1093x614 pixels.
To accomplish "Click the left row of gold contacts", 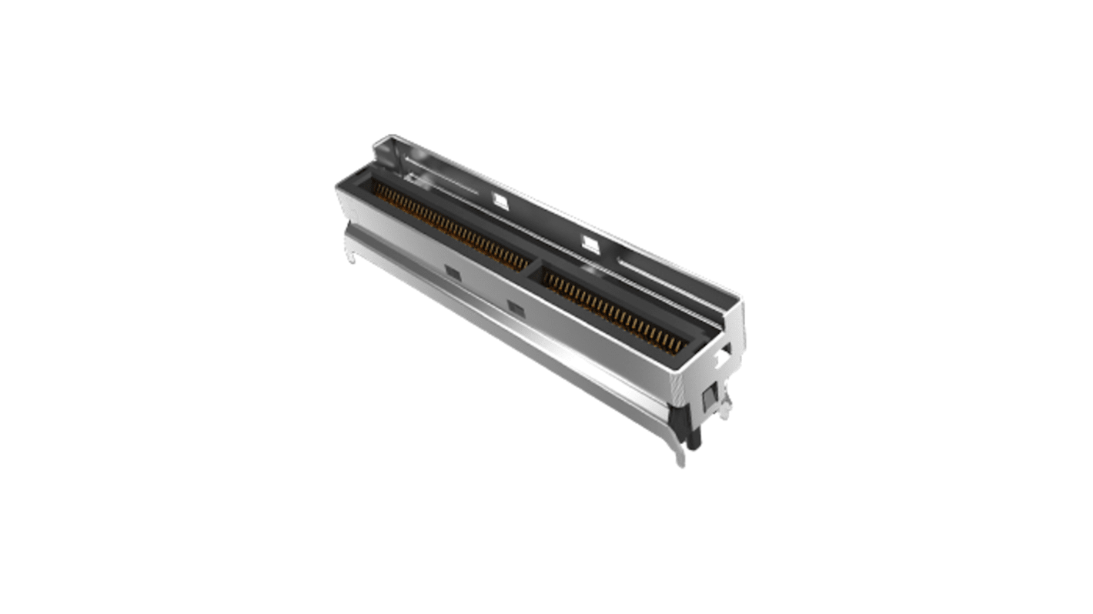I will [450, 226].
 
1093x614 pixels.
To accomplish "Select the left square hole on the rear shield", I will [500, 200].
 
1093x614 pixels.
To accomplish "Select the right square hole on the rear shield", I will [590, 245].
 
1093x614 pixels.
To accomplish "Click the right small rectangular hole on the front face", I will [514, 308].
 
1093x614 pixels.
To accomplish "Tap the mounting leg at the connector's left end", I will [351, 258].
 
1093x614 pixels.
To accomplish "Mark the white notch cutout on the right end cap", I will [721, 358].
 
